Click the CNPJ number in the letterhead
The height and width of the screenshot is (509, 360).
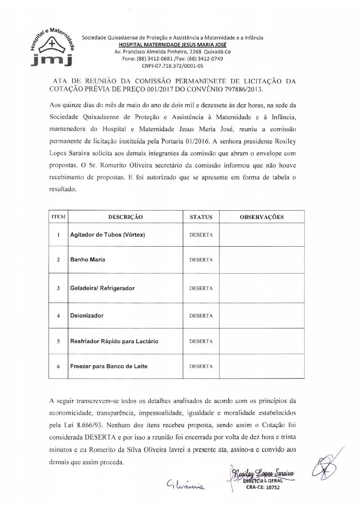pos(173,66)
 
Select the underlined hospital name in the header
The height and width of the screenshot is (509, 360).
pos(173,45)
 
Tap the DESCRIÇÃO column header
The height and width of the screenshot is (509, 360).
pos(126,217)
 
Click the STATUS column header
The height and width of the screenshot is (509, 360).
pos(201,217)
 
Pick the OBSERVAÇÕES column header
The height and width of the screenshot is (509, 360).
pos(262,217)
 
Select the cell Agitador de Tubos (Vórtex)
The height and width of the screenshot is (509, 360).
pos(108,235)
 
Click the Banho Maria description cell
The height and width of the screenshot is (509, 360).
pos(88,259)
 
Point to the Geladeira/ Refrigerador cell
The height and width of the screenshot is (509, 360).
pos(102,288)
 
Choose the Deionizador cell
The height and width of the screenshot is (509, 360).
pos(87,315)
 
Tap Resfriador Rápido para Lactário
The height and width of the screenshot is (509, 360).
pos(114,341)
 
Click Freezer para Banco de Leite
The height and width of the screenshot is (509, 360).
pos(109,366)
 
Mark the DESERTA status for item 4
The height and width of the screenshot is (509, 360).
pos(201,316)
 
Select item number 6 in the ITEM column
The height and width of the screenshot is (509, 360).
pos(59,367)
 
